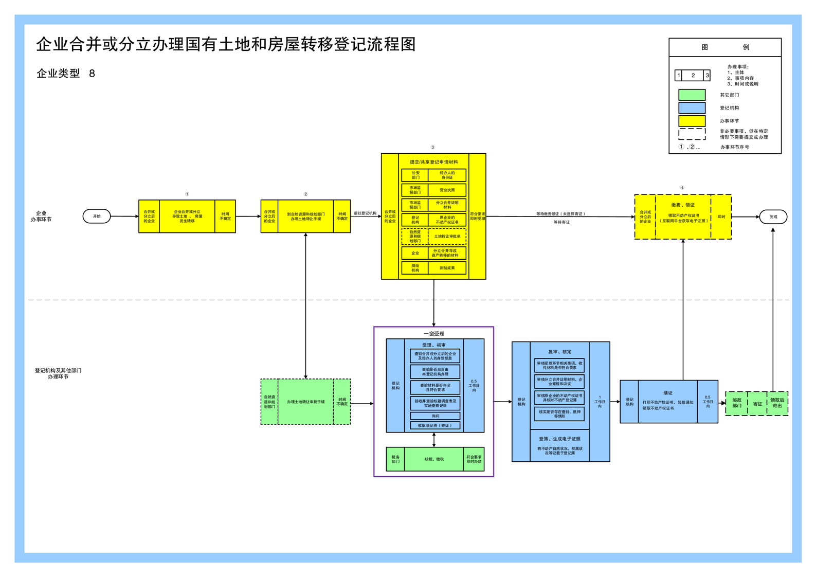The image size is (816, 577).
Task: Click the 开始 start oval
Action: click(97, 217)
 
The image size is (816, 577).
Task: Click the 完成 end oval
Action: click(773, 217)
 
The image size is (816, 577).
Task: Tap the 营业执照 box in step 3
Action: click(447, 190)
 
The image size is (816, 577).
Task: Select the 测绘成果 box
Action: click(447, 268)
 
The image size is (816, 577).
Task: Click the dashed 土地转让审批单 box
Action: click(447, 237)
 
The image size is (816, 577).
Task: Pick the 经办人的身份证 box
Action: click(447, 175)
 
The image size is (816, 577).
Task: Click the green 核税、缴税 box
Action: click(434, 459)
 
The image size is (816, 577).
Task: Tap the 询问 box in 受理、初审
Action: click(435, 416)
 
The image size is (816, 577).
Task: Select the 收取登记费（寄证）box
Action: click(435, 426)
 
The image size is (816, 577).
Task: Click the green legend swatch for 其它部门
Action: click(692, 95)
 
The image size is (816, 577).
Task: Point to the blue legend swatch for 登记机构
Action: click(692, 108)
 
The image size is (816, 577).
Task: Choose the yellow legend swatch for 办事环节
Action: click(692, 121)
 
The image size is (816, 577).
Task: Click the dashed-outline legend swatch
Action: click(692, 134)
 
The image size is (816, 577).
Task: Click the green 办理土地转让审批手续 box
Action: click(305, 402)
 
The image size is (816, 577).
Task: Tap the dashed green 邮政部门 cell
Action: click(736, 403)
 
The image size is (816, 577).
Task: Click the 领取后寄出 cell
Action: click(777, 403)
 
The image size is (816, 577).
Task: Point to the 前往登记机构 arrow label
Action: click(365, 213)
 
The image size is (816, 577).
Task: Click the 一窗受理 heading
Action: click(433, 334)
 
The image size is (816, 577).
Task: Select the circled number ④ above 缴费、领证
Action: click(682, 188)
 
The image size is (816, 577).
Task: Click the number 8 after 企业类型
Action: click(92, 74)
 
